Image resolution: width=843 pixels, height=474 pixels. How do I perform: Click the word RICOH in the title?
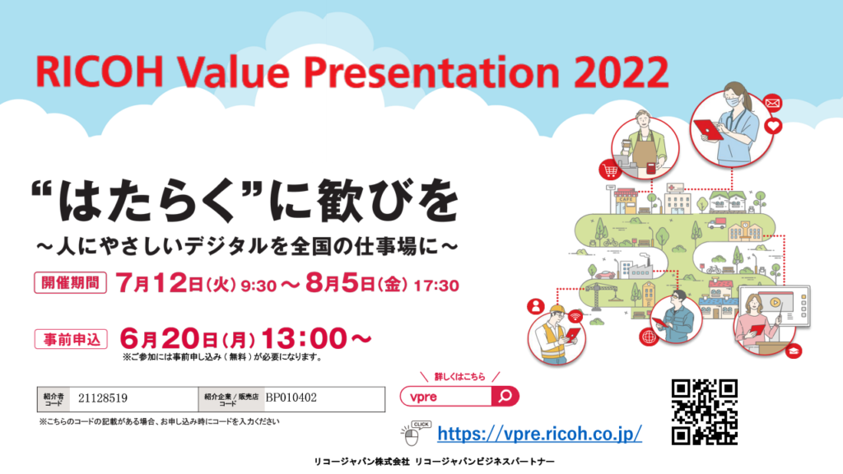(x=100, y=72)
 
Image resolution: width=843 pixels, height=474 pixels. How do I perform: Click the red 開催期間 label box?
(x=71, y=283)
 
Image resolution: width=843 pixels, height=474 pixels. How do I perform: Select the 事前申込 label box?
(x=71, y=339)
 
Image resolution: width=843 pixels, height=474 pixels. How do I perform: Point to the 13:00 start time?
(x=304, y=338)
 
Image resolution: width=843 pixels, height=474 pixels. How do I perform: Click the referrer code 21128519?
(x=103, y=398)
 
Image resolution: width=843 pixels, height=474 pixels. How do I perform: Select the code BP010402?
(x=291, y=397)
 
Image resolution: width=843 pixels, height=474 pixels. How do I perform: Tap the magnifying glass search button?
(x=505, y=396)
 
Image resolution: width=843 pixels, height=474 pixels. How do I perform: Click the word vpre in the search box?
(x=423, y=397)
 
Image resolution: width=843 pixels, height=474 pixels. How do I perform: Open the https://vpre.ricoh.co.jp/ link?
(x=539, y=433)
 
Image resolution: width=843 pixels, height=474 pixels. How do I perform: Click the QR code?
(x=705, y=411)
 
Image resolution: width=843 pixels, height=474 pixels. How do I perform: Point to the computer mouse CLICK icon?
(x=415, y=434)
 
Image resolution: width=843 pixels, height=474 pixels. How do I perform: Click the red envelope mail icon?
(x=772, y=103)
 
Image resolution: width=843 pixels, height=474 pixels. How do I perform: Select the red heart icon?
(x=773, y=126)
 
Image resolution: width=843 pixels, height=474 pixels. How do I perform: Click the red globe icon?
(x=650, y=337)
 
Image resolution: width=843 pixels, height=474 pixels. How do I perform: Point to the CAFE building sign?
(x=626, y=199)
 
